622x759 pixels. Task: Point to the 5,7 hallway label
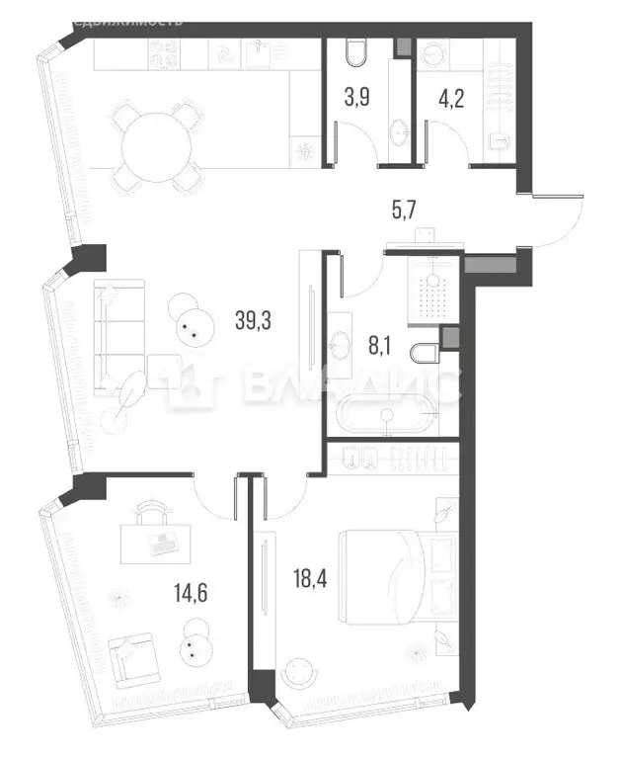(x=402, y=208)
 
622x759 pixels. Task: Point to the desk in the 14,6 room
(x=153, y=540)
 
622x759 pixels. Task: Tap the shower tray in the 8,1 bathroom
(x=429, y=292)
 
